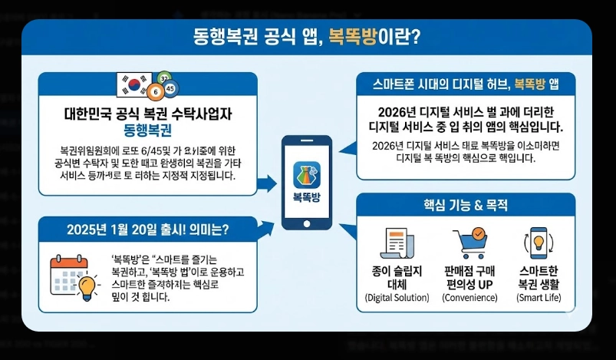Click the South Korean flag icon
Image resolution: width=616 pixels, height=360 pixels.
tap(134, 85)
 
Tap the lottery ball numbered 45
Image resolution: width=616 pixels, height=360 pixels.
tap(170, 88)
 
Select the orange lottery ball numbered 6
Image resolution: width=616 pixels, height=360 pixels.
tap(156, 92)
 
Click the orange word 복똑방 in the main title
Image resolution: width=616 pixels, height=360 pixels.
tap(356, 36)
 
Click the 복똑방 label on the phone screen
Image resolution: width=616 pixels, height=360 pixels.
tap(307, 197)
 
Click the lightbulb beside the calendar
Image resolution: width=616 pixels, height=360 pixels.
tap(87, 285)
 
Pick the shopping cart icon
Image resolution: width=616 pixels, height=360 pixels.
tap(469, 243)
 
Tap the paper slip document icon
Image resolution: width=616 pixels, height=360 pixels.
tap(397, 244)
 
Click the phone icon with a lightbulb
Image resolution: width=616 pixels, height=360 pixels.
tap(538, 243)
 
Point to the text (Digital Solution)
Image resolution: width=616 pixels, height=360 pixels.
tap(397, 297)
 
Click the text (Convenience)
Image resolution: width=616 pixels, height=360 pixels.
tap(469, 297)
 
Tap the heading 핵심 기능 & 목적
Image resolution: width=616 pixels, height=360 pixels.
tap(465, 205)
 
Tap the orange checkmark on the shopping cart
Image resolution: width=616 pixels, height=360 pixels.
tap(478, 233)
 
